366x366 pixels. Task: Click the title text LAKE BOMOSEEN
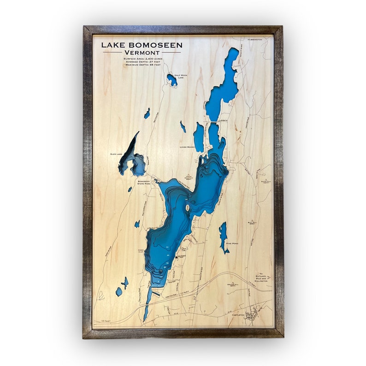click(x=142, y=45)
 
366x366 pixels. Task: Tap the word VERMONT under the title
click(x=142, y=53)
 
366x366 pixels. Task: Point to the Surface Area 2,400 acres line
click(x=142, y=59)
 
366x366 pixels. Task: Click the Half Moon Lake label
click(x=183, y=76)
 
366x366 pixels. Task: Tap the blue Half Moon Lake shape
click(x=171, y=80)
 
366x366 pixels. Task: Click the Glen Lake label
click(x=116, y=154)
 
